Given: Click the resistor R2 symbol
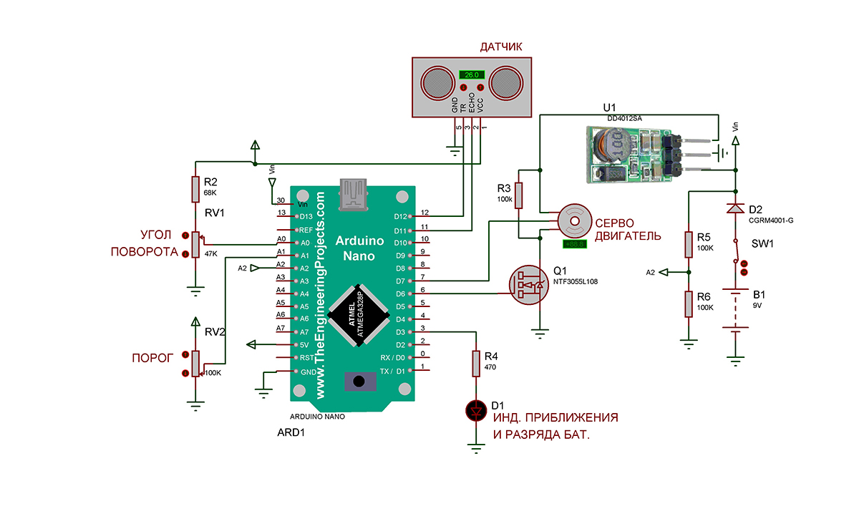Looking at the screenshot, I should pyautogui.click(x=195, y=189).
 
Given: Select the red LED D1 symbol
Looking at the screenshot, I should pyautogui.click(x=476, y=410).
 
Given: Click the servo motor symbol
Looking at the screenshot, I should pyautogui.click(x=574, y=221).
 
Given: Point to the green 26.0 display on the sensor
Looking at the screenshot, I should pyautogui.click(x=472, y=74).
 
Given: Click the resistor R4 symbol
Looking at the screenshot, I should pyautogui.click(x=476, y=364).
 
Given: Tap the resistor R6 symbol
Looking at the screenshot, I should pyautogui.click(x=689, y=304).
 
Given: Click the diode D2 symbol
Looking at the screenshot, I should pyautogui.click(x=735, y=209).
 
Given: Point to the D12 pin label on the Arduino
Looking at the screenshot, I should pyautogui.click(x=402, y=216).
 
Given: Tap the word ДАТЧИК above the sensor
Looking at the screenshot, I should pyautogui.click(x=501, y=47).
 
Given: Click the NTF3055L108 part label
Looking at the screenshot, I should pyautogui.click(x=575, y=282).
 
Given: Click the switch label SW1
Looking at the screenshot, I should pyautogui.click(x=762, y=243).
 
